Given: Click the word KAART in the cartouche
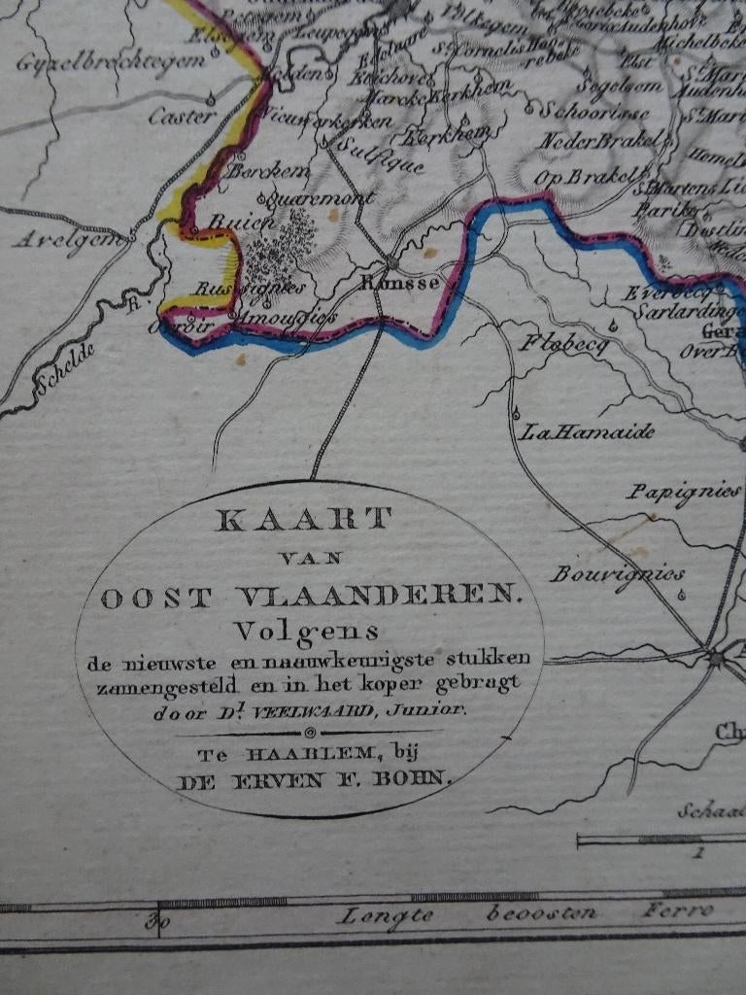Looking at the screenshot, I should point(304,520).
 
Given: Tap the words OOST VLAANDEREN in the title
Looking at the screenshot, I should point(311,597).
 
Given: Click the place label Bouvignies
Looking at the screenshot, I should point(617,573).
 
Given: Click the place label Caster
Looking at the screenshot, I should point(182,117).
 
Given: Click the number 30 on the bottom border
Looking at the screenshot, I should point(153,920).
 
